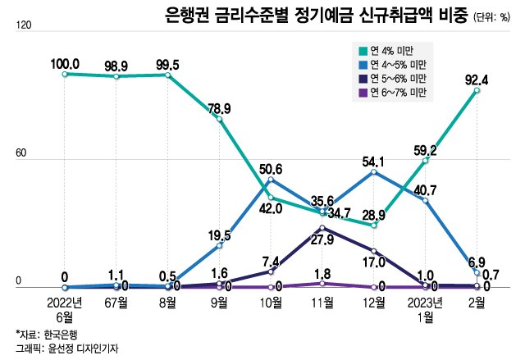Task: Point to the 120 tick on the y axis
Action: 23,26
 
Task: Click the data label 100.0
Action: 64,63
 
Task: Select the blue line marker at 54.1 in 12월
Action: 374,172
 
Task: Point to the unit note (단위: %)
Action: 495,17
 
